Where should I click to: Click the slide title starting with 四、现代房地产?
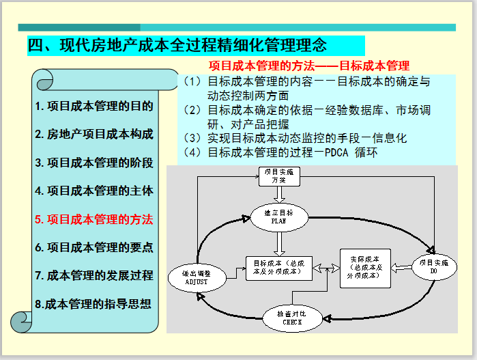(x=177, y=46)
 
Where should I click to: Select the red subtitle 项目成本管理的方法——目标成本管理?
(x=308, y=66)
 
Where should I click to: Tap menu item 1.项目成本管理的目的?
(x=94, y=107)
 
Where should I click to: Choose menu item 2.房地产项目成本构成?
(x=94, y=135)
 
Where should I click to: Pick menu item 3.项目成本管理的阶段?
(x=94, y=163)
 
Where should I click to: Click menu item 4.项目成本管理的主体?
(x=94, y=191)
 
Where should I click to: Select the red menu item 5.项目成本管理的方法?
(x=94, y=219)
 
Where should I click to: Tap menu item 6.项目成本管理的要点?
(x=94, y=247)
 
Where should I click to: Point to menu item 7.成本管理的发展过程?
(x=94, y=275)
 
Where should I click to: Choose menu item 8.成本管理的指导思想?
(x=94, y=304)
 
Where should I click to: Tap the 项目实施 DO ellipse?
(x=433, y=266)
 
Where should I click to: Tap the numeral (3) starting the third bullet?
(x=192, y=138)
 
